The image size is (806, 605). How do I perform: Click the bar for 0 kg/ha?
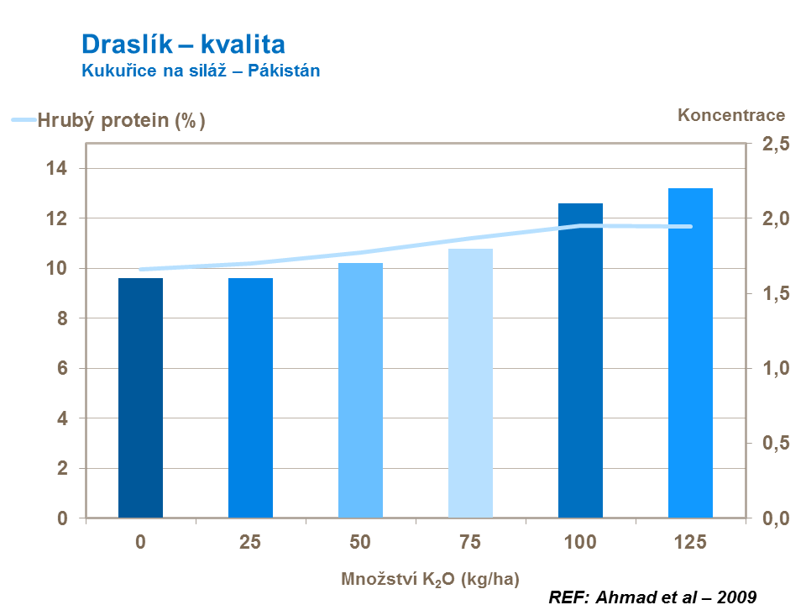tap(140, 397)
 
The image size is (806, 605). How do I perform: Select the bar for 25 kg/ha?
tap(250, 397)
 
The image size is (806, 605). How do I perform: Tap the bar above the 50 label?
tap(360, 390)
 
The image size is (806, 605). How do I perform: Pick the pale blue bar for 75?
tap(470, 382)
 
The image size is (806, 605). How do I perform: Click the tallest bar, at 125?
tap(690, 353)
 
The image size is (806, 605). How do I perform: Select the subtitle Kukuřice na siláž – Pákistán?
tap(201, 71)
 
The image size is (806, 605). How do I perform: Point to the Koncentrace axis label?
tap(731, 116)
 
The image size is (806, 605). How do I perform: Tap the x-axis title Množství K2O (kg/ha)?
tap(430, 579)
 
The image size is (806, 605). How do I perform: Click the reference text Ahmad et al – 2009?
tap(652, 597)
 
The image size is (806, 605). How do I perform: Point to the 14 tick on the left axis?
tap(56, 169)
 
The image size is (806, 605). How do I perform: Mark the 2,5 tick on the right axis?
tap(775, 145)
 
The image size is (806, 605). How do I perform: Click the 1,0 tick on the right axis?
tap(775, 369)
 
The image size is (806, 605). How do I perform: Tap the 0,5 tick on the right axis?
tap(775, 444)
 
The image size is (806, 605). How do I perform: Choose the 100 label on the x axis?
tap(580, 542)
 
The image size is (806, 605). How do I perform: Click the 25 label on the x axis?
tap(250, 542)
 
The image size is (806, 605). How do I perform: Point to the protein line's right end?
tap(691, 226)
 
